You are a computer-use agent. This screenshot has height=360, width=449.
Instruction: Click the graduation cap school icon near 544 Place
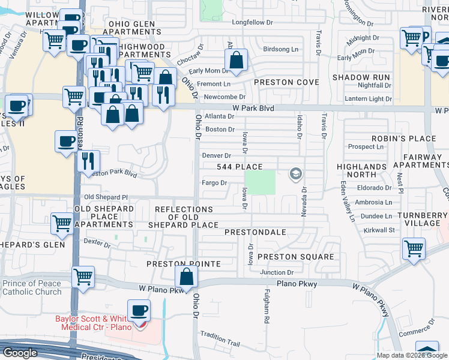click(x=295, y=175)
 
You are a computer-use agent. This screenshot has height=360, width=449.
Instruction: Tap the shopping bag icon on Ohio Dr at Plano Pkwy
click(x=186, y=277)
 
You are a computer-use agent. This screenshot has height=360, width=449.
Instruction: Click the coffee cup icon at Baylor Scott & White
click(x=139, y=311)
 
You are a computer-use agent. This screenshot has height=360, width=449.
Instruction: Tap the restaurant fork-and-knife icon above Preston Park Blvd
click(x=88, y=160)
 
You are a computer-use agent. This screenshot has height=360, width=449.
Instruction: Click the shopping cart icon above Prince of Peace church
click(x=83, y=277)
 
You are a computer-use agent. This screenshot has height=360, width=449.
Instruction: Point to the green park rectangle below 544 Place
click(x=261, y=182)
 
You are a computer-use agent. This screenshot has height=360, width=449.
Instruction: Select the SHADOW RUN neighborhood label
click(x=361, y=78)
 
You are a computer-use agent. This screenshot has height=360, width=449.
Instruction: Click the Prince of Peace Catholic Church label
click(x=32, y=288)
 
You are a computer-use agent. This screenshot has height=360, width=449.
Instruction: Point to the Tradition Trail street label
click(x=220, y=344)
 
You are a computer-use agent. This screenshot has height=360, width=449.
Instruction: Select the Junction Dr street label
click(x=277, y=272)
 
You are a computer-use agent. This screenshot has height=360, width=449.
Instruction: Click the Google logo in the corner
click(x=20, y=353)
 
